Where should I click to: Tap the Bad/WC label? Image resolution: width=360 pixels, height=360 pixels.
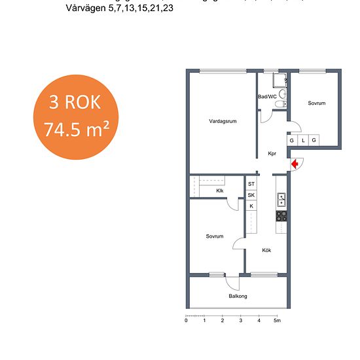pyautogui.click(x=268, y=96)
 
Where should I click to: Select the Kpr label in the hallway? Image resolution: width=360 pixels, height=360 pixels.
pyautogui.click(x=272, y=154)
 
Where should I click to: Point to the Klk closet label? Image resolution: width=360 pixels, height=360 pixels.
pyautogui.click(x=220, y=190)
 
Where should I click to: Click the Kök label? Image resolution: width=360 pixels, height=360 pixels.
pyautogui.click(x=266, y=250)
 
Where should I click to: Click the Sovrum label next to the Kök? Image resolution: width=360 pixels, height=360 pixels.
pyautogui.click(x=215, y=236)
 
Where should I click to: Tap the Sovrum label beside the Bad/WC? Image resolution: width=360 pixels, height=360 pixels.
pyautogui.click(x=317, y=103)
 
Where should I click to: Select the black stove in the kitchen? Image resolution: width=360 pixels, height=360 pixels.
pyautogui.click(x=281, y=215)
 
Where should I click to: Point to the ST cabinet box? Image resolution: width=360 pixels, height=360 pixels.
pyautogui.click(x=251, y=185)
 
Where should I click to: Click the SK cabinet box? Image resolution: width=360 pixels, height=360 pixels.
pyautogui.click(x=251, y=195)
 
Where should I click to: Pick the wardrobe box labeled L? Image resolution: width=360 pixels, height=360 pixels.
pyautogui.click(x=303, y=140)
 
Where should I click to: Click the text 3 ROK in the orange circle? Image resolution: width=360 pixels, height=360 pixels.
pyautogui.click(x=75, y=103)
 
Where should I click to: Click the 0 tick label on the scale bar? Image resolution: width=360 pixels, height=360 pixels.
pyautogui.click(x=187, y=321)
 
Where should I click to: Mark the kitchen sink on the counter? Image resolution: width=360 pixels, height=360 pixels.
pyautogui.click(x=281, y=200)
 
